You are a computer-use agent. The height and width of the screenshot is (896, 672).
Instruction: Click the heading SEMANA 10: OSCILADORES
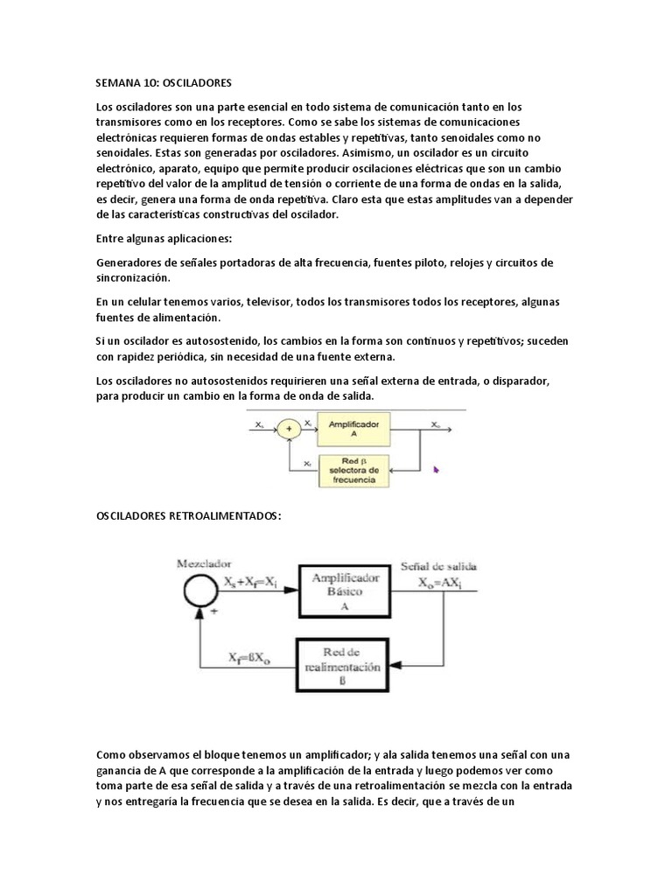[x=163, y=83]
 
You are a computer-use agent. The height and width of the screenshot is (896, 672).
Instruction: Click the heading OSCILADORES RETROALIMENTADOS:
[x=188, y=515]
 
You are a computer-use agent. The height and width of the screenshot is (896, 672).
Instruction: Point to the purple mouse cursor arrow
[x=435, y=469]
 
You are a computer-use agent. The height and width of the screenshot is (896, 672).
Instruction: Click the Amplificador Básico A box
[x=344, y=591]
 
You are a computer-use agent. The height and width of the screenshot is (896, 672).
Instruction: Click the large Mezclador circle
[x=200, y=592]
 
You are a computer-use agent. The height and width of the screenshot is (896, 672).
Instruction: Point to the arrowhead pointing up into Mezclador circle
[x=200, y=616]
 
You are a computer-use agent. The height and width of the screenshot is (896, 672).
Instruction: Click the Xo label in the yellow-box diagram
[x=435, y=423]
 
